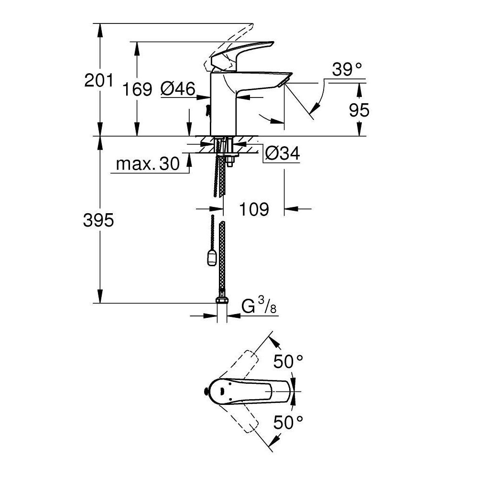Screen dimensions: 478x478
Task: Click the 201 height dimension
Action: pyautogui.click(x=98, y=80)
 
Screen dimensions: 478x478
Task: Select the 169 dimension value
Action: pyautogui.click(x=137, y=89)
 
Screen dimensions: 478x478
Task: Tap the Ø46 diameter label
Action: pyautogui.click(x=178, y=89)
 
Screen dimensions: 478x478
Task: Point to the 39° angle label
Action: pyautogui.click(x=347, y=70)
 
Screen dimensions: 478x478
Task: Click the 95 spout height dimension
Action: pyautogui.click(x=359, y=110)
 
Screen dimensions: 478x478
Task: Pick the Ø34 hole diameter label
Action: pyautogui.click(x=282, y=154)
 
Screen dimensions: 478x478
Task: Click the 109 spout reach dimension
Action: pyautogui.click(x=254, y=209)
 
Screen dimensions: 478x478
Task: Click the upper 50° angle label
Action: pyautogui.click(x=288, y=362)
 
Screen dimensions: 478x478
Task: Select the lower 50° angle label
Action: pyautogui.click(x=288, y=422)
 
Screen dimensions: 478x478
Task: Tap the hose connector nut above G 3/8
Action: pyautogui.click(x=222, y=301)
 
